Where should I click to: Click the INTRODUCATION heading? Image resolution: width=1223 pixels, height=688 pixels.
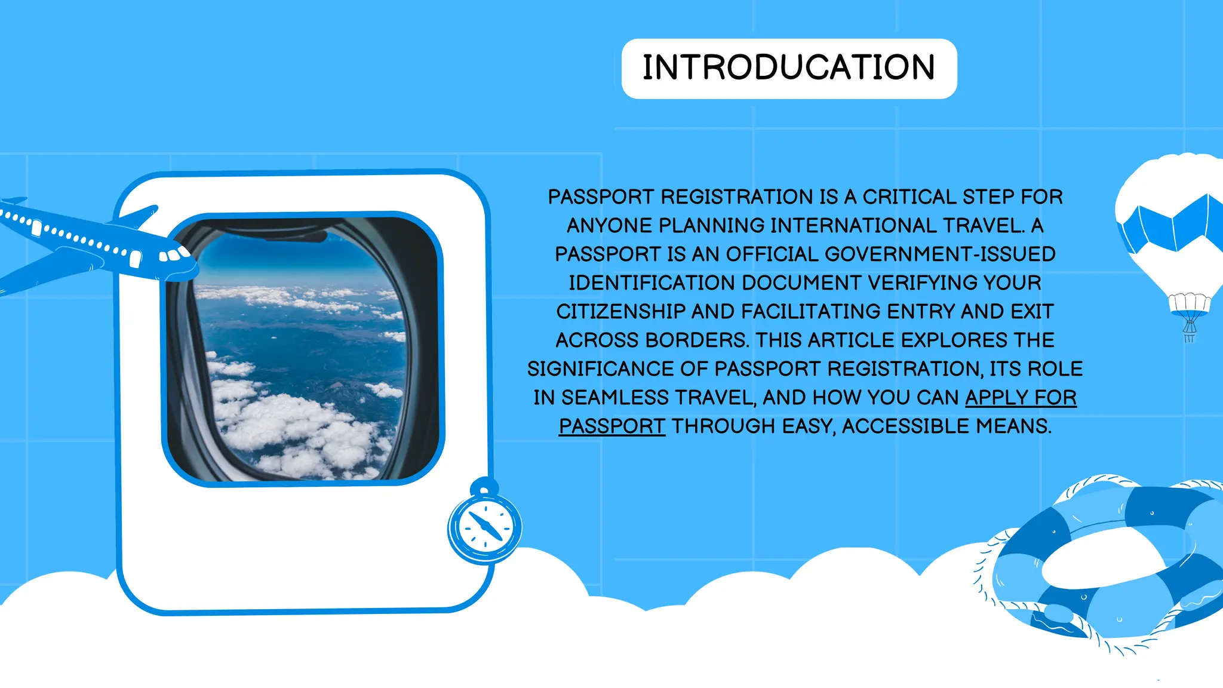(788, 67)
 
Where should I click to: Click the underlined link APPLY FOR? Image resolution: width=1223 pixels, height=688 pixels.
(1021, 398)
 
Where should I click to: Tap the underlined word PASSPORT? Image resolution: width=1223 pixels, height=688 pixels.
(611, 426)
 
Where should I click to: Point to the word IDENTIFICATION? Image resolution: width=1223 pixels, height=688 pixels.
(652, 283)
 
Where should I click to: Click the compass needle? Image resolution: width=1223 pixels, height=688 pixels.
(485, 526)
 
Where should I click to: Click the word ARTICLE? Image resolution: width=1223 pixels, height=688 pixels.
(851, 340)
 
